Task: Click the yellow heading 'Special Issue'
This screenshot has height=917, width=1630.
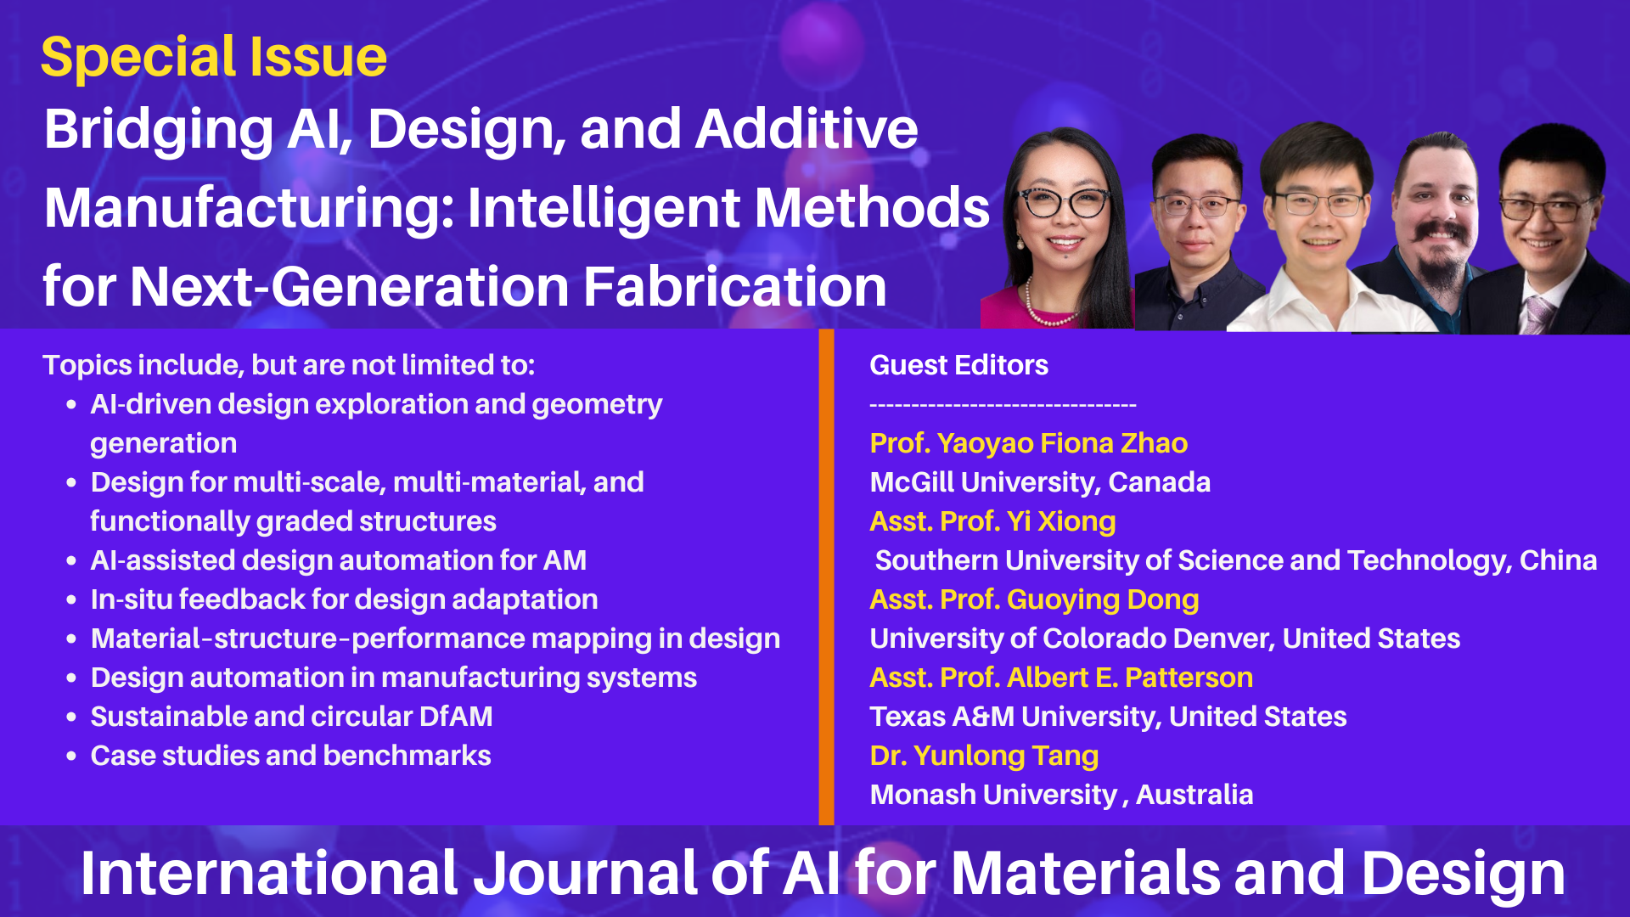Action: (214, 58)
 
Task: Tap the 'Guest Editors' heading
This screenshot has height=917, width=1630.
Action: (958, 365)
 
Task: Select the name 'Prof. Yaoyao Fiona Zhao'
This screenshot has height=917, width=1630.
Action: (1028, 443)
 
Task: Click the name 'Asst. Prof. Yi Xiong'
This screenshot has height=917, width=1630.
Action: (992, 521)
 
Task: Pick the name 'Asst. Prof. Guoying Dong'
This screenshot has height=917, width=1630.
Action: (1034, 599)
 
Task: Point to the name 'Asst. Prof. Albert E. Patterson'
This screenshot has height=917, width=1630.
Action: (1061, 678)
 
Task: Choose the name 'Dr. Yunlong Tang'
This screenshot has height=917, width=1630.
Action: (984, 756)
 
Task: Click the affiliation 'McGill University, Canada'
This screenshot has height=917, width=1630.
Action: (1040, 482)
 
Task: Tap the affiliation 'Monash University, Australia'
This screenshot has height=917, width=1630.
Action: (1061, 795)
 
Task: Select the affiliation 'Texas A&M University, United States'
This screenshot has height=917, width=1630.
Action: (1108, 717)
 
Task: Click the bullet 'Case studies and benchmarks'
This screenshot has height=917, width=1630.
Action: (290, 756)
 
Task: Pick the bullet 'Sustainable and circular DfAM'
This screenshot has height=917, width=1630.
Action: (291, 717)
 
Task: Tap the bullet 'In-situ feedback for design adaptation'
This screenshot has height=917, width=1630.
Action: (344, 599)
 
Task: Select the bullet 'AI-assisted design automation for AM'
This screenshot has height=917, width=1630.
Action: (338, 560)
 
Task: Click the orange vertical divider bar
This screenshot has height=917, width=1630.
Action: (826, 577)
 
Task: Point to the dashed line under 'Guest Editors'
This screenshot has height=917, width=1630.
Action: (1003, 406)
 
